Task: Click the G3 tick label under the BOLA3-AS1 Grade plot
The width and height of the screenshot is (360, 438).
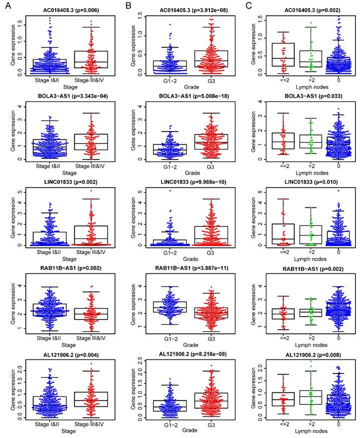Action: pyautogui.click(x=218, y=165)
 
